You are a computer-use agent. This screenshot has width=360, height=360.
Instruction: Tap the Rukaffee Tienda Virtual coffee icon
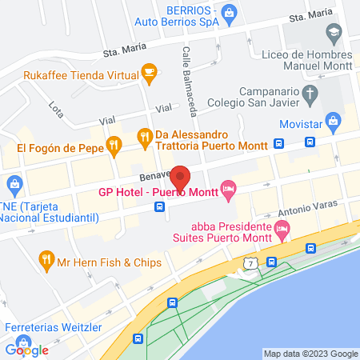(x=149, y=73)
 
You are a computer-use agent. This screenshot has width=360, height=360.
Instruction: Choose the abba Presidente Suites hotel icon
(x=281, y=231)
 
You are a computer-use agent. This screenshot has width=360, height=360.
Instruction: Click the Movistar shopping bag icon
(x=333, y=123)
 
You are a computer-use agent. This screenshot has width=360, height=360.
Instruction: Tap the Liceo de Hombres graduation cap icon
(x=333, y=33)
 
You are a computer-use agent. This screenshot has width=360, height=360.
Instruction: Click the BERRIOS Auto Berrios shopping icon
(x=230, y=12)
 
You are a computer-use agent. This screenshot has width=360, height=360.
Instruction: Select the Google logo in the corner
(x=26, y=350)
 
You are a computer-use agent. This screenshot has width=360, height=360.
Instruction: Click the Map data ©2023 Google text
(x=311, y=354)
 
